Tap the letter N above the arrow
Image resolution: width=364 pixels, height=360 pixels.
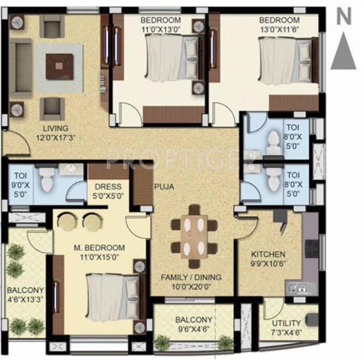tap(344, 16)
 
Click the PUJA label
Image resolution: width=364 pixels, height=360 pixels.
tap(164, 187)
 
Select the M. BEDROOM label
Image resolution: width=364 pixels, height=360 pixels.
tap(99, 248)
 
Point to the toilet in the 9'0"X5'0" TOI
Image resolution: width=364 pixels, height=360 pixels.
tap(47, 178)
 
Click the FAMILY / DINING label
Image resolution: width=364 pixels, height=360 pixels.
tap(190, 277)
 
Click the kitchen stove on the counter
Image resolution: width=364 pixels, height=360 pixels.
tap(311, 250)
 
